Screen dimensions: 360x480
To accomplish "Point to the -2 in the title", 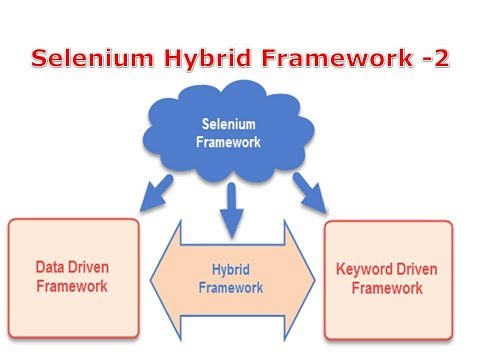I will tap(433, 59).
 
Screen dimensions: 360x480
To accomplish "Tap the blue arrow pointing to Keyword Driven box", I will tap(311, 194).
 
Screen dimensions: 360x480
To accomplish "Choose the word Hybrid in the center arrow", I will tap(230, 270).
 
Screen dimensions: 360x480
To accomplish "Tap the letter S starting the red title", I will tap(40, 59).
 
